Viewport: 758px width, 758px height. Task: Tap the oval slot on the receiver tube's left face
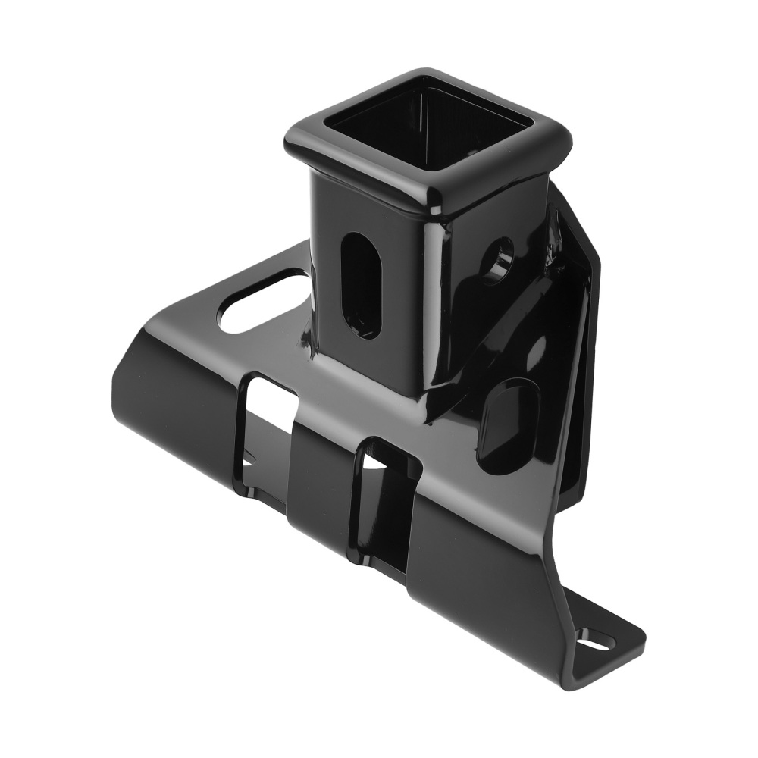click(360, 284)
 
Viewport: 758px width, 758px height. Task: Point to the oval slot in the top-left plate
click(258, 303)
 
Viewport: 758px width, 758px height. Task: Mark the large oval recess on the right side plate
click(508, 424)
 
